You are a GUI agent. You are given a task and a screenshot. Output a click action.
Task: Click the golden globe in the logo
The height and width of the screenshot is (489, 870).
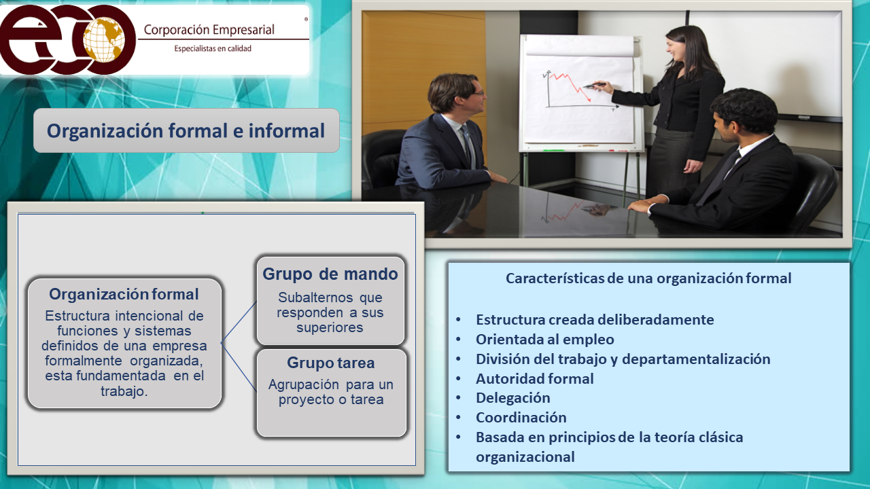104,39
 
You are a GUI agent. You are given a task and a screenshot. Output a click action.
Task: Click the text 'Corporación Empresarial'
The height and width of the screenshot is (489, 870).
209,30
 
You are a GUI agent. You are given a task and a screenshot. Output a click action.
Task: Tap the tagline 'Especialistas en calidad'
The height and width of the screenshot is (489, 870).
213,48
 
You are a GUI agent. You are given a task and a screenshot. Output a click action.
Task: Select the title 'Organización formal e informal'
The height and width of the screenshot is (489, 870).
186,131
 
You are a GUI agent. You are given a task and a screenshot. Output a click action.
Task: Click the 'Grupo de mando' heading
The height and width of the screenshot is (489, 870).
330,274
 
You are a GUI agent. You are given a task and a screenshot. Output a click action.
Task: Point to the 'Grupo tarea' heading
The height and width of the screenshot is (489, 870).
331,363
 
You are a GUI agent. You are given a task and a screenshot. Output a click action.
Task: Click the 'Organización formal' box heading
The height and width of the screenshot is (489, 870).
124,294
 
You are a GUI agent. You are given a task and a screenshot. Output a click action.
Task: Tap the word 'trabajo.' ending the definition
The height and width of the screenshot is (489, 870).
124,391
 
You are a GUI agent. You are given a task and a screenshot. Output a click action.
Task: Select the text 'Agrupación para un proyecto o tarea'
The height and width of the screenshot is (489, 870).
331,392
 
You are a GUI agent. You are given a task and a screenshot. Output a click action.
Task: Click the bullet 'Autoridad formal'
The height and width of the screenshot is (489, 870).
535,378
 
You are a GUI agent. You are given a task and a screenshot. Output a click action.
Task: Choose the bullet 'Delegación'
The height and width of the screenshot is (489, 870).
513,398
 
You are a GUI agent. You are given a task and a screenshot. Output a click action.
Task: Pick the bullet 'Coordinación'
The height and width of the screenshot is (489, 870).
521,418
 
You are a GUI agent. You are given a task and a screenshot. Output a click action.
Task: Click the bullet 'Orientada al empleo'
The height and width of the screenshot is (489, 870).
545,340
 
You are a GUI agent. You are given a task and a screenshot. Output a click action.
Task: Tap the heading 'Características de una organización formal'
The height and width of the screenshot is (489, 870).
648,278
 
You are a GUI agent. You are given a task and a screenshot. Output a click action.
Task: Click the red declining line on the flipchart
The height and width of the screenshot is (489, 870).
569,86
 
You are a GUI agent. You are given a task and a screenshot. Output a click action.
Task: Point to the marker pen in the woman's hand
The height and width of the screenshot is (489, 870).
594,86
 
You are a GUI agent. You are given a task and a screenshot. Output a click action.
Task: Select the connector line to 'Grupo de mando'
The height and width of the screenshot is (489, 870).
239,322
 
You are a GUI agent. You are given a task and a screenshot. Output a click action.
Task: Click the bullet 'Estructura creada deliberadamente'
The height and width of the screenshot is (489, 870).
595,320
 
